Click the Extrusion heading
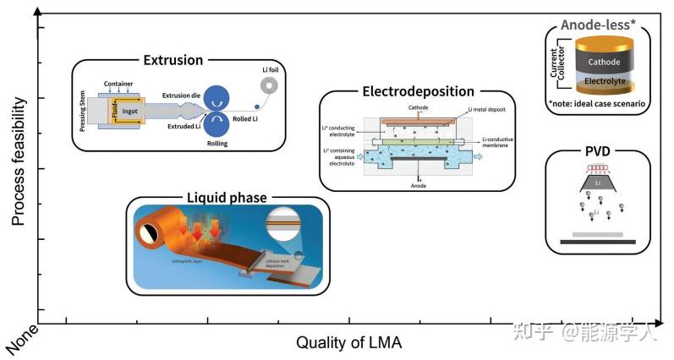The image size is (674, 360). (x=173, y=60)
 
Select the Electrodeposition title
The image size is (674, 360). (x=418, y=91)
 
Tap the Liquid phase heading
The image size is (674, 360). (x=226, y=198)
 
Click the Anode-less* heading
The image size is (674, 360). (x=597, y=25)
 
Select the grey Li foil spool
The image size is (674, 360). (x=270, y=85)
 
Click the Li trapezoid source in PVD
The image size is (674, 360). (x=598, y=183)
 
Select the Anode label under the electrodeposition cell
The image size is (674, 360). (x=418, y=185)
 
